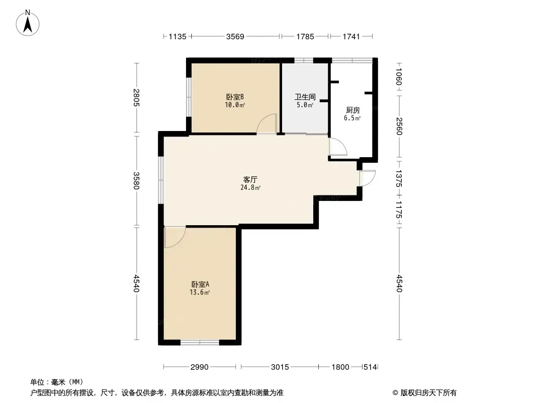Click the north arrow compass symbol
[x=28, y=23]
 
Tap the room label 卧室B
[x=235, y=97]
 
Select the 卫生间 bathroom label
[x=305, y=97]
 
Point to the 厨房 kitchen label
[x=352, y=110]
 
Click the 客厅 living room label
[x=250, y=179]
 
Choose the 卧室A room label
[x=200, y=284]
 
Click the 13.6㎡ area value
[x=200, y=292]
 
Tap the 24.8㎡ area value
[x=250, y=187]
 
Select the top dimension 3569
[x=235, y=36]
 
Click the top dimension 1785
[x=305, y=36]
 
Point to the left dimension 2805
[x=136, y=98]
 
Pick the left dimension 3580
[x=136, y=180]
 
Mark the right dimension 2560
[x=399, y=126]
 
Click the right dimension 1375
[x=399, y=178]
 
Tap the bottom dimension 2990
[x=199, y=367]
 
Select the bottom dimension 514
[x=370, y=367]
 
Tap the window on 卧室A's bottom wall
[x=200, y=342]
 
